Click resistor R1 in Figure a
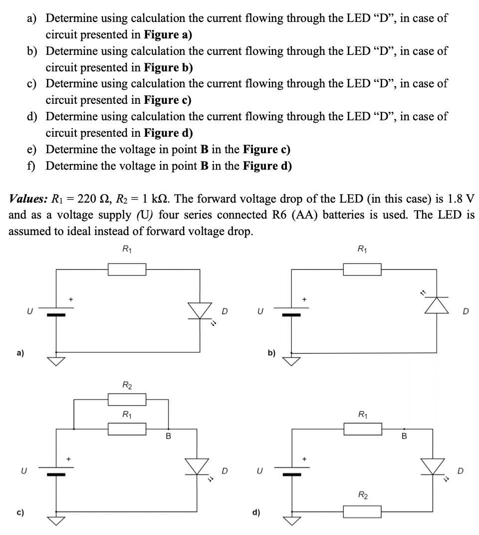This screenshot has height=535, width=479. coord(127,269)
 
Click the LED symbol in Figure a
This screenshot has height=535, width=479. coord(201,311)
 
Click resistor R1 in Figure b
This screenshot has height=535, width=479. coord(362,269)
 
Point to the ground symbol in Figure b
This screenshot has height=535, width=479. coord(292,360)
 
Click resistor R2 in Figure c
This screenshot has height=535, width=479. coord(127,399)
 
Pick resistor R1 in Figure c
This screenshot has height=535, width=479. coord(127,429)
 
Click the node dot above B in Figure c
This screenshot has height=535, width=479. coord(168,429)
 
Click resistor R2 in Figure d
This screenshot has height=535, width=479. coord(362,512)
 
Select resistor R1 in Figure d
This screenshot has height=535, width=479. coord(362,429)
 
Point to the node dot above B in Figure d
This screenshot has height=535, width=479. coord(405,429)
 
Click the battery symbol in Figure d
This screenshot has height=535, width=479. coord(292,471)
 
